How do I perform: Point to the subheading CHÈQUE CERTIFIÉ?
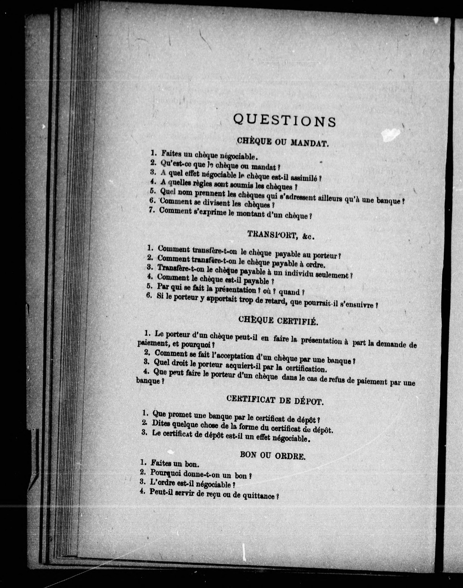(x=278, y=321)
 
